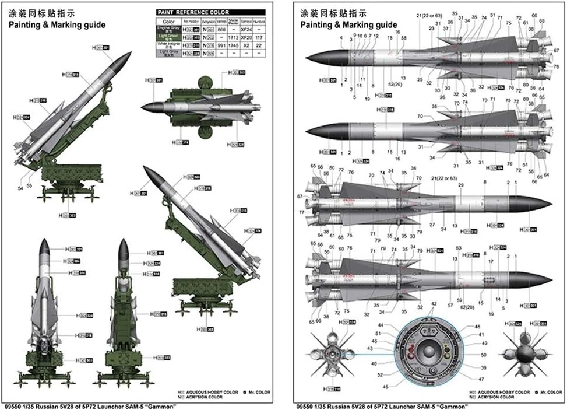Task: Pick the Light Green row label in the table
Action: click(168, 36)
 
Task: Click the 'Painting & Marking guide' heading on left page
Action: click(57, 25)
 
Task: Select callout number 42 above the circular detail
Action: click(433, 304)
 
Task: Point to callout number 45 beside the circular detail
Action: click(385, 387)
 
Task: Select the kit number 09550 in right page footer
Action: click(304, 405)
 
